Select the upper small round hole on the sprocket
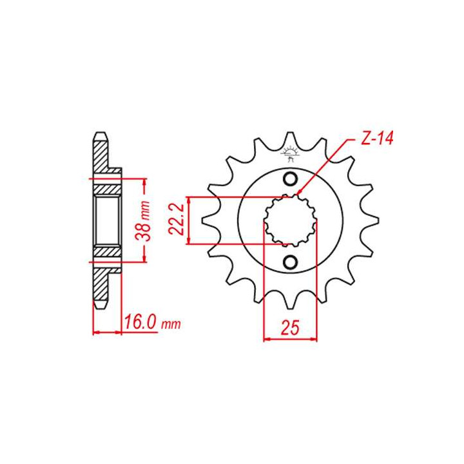(290, 179)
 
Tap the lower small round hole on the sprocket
(290, 261)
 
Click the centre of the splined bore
(290, 220)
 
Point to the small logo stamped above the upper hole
(290, 155)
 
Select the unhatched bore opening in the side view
(107, 220)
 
